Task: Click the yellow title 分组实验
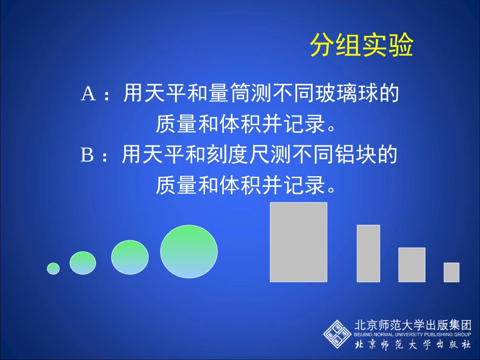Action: pyautogui.click(x=361, y=46)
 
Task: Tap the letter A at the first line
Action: pyautogui.click(x=88, y=94)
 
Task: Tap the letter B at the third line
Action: pyautogui.click(x=88, y=156)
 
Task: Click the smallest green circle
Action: pyautogui.click(x=53, y=269)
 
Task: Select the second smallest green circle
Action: pyautogui.click(x=82, y=263)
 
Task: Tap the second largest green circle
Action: pyautogui.click(x=130, y=258)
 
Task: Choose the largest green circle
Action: pyautogui.click(x=189, y=251)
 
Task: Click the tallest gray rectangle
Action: pyautogui.click(x=299, y=242)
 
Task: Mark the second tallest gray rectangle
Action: pyautogui.click(x=368, y=253)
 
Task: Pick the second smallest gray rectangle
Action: pyautogui.click(x=412, y=265)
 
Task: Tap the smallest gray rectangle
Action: pyautogui.click(x=451, y=272)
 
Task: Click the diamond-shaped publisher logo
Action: pyautogui.click(x=337, y=333)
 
